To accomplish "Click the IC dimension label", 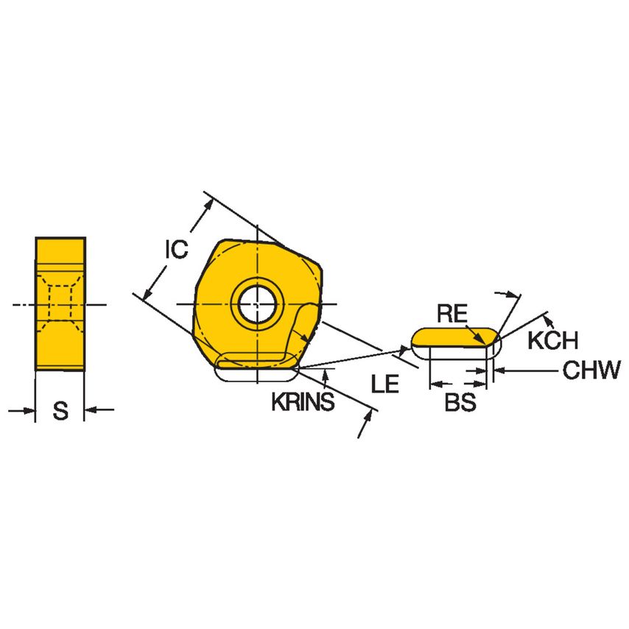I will (x=175, y=250).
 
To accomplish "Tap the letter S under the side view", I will (x=60, y=411).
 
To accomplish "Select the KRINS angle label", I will (x=303, y=402).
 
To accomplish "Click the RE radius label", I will (x=451, y=314).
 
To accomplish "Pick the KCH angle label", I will (x=552, y=340).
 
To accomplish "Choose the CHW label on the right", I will (x=592, y=370).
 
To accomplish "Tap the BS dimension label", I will (x=460, y=403).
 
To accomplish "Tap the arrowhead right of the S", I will (x=91, y=410).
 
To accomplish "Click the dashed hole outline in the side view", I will (x=60, y=303).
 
